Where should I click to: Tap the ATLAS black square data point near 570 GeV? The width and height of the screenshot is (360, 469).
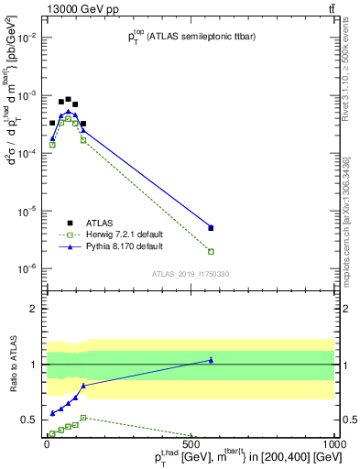tap(211, 228)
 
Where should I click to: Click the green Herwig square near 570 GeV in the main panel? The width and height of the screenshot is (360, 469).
tap(211, 251)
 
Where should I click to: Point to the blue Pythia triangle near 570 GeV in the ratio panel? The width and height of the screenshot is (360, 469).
tap(211, 360)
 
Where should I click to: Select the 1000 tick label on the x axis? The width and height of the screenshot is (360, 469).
tap(335, 442)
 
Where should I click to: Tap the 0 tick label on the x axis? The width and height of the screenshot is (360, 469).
tap(45, 442)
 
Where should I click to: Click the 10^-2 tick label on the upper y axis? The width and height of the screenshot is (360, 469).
tap(28, 38)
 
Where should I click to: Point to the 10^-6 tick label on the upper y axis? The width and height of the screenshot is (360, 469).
tap(28, 268)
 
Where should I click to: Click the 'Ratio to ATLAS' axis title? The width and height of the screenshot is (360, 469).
tap(12, 365)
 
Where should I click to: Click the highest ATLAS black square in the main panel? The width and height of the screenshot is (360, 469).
tap(68, 99)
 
